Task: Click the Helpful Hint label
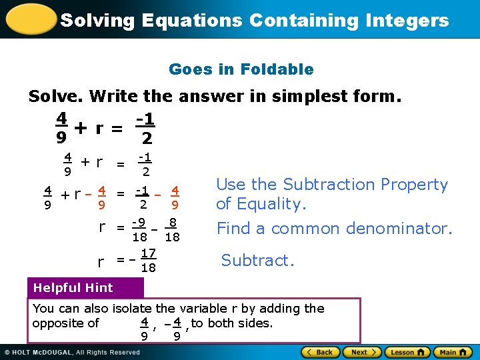coord(73,288)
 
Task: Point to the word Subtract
coord(257,260)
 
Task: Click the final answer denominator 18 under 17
coord(149,267)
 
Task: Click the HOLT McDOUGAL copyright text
coord(73,352)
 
